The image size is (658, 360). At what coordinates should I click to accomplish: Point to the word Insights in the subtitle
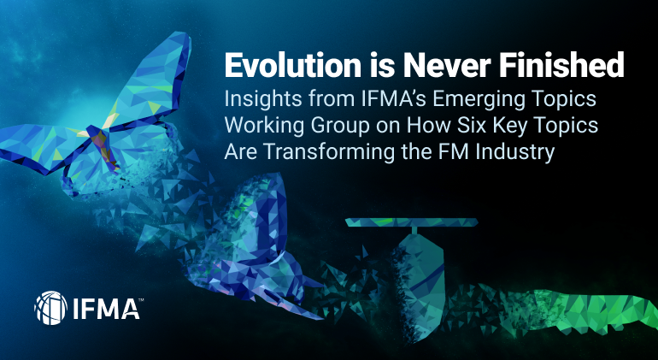[x=260, y=98]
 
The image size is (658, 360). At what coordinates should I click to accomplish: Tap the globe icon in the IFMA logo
[x=50, y=306]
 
